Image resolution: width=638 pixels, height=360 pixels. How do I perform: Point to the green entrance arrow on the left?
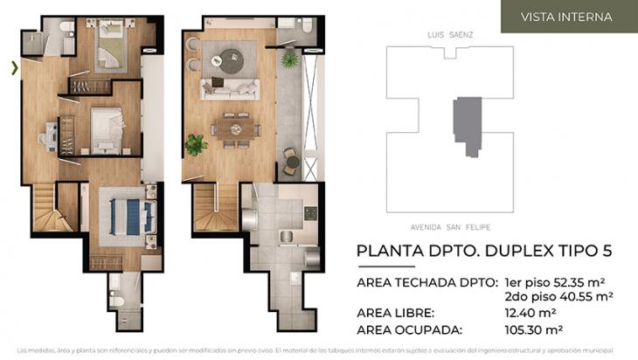[x=14, y=67]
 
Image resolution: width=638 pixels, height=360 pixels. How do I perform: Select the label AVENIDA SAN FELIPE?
[x=447, y=223]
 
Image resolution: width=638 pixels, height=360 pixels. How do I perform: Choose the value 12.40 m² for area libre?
[x=530, y=312]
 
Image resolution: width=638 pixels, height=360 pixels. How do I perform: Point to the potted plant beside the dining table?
[x=195, y=143]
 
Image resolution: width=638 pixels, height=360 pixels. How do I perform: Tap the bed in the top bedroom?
[x=111, y=47]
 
